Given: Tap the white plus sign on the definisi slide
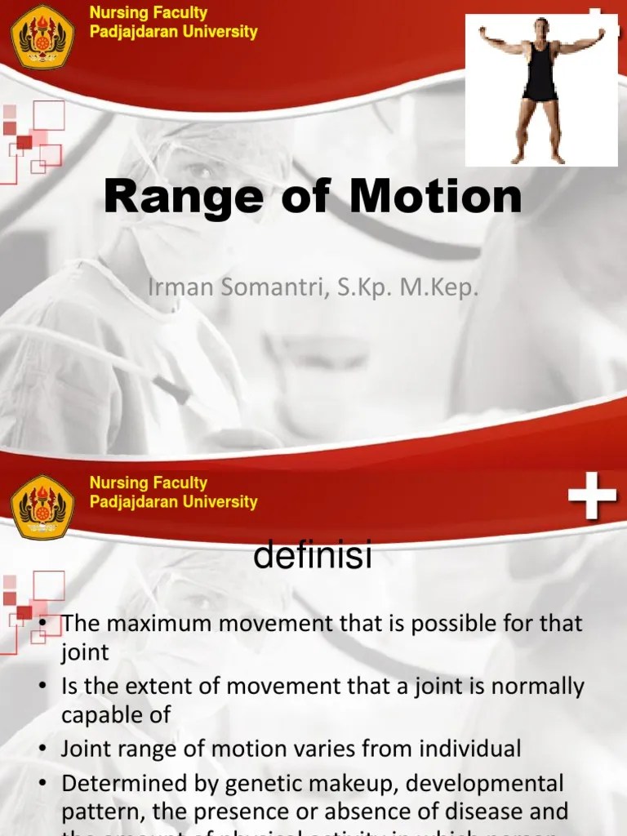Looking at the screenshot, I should pyautogui.click(x=592, y=498).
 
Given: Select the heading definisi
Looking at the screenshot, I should pyautogui.click(x=313, y=557).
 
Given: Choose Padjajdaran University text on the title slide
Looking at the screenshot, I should pyautogui.click(x=173, y=33).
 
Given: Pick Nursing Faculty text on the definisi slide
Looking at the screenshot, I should pyautogui.click(x=148, y=482).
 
